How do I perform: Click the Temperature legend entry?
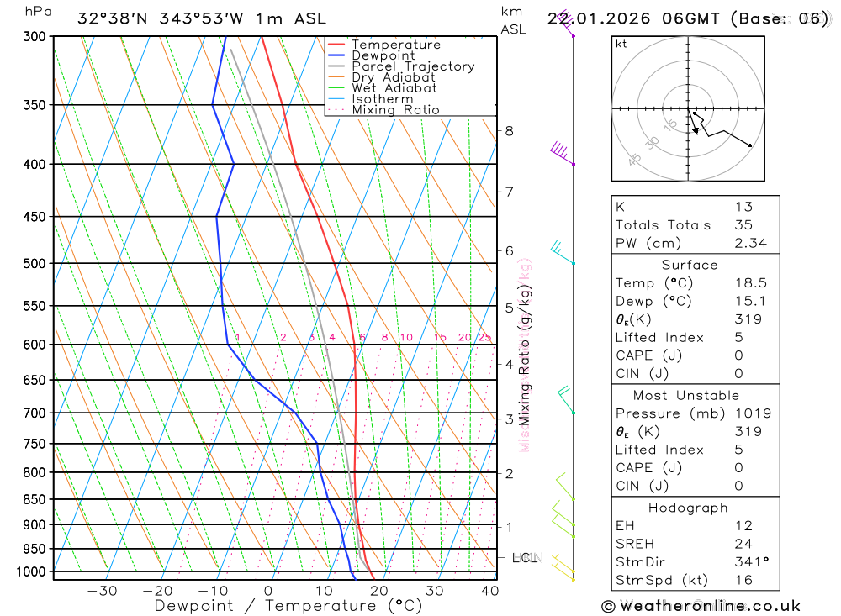point(395,45)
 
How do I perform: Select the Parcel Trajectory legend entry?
point(413,66)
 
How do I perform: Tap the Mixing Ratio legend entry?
point(395,110)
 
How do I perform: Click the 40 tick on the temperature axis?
point(489,591)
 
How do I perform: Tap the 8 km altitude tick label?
point(509,130)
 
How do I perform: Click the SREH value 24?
point(743,544)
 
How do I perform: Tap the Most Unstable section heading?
point(686,395)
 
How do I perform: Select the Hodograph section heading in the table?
point(686,508)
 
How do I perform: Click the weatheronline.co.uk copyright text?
point(701,606)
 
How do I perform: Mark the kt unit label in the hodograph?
point(621,44)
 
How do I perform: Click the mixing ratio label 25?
point(484,338)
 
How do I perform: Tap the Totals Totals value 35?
point(743,225)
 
